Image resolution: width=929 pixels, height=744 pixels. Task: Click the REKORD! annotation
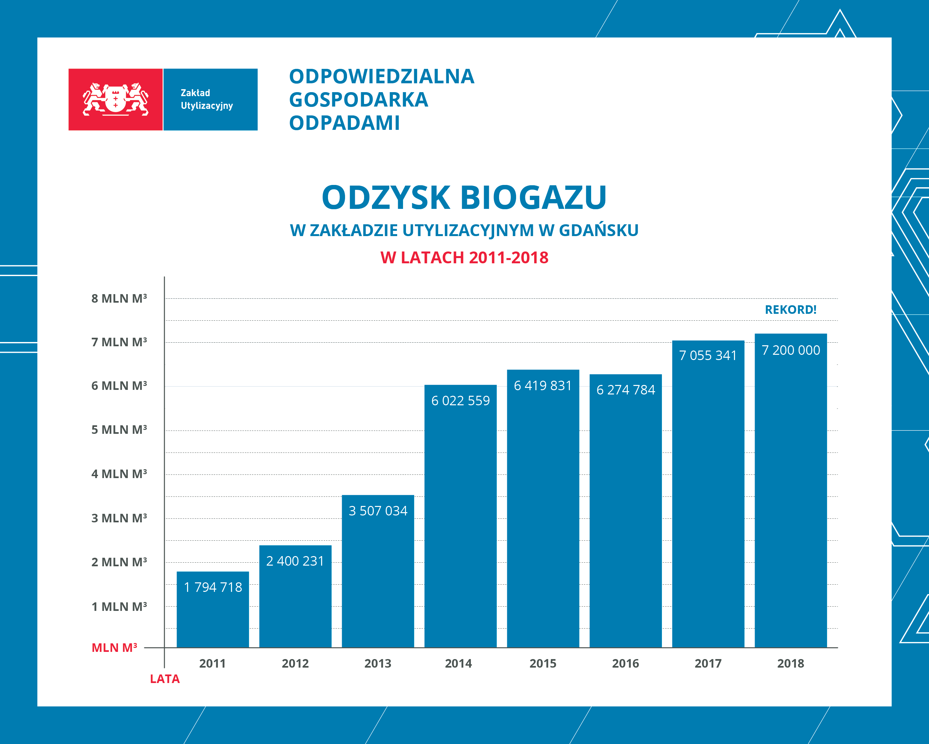point(790,310)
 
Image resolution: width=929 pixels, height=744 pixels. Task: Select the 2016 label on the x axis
point(625,663)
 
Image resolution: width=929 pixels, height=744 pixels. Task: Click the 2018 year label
point(790,663)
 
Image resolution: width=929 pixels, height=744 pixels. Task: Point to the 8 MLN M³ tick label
point(119,298)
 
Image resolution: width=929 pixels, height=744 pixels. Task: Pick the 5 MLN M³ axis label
point(119,430)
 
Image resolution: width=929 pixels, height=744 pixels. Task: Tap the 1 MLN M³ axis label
point(119,607)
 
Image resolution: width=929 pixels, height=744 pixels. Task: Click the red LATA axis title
point(165,679)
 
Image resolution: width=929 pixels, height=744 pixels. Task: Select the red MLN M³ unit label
point(114,648)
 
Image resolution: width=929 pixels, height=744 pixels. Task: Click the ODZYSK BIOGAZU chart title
point(464,197)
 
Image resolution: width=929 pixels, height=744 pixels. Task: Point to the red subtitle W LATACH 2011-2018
point(464,258)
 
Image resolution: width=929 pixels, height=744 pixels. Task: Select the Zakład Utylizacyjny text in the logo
point(207,99)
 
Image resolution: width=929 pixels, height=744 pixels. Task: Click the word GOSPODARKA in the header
point(358,100)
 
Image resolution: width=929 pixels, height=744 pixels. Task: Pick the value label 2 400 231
point(295,561)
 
